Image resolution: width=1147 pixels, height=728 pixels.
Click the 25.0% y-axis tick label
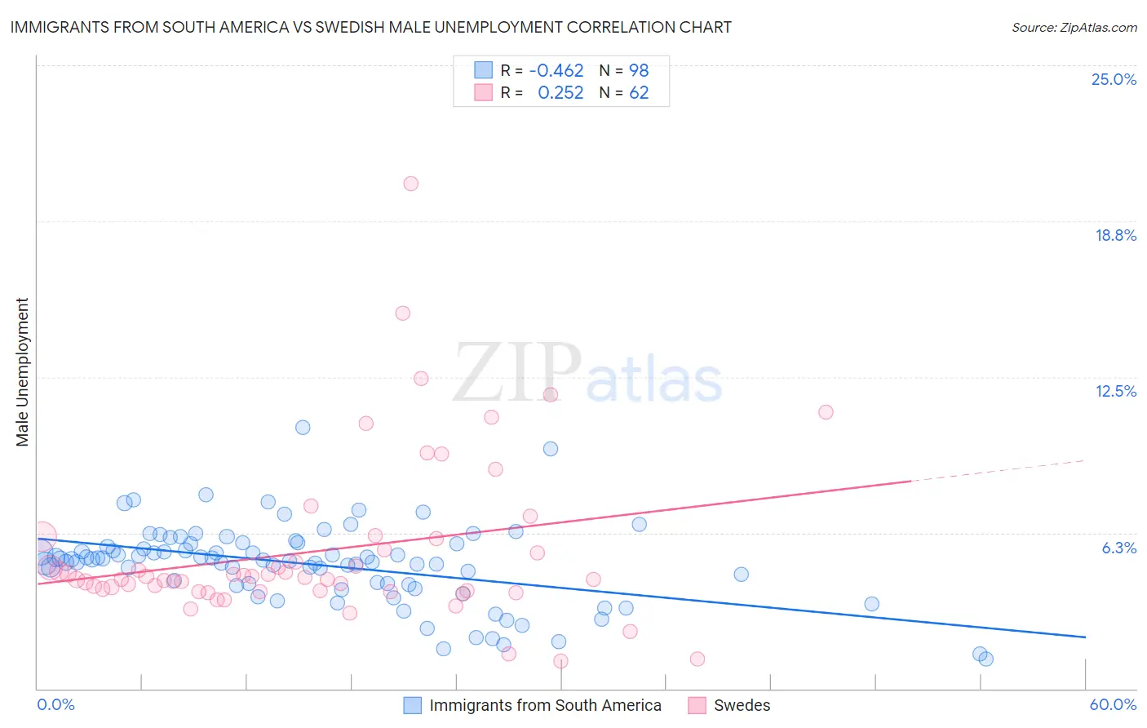(x=1114, y=79)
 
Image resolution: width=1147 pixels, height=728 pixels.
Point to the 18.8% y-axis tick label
(x=1115, y=235)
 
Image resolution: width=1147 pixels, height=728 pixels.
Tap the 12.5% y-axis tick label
(x=1115, y=391)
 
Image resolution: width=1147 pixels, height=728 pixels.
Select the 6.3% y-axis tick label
(x=1118, y=548)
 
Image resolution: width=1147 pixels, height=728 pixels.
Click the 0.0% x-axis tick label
(x=55, y=704)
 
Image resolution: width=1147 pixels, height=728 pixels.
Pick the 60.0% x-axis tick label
(x=1113, y=704)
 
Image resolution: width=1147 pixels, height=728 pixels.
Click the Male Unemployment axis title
(x=22, y=372)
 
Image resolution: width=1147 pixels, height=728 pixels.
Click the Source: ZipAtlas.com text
(x=1074, y=27)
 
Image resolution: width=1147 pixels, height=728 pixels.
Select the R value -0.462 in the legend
(x=556, y=70)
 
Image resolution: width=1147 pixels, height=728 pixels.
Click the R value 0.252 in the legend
(x=560, y=93)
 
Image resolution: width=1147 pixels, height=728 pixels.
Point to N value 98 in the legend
(x=639, y=70)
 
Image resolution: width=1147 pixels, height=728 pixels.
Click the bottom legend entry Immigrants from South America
(x=544, y=705)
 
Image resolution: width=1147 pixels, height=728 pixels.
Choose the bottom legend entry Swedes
(x=741, y=705)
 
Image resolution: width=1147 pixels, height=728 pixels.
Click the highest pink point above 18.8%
(x=411, y=184)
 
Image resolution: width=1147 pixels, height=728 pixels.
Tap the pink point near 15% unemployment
(x=402, y=313)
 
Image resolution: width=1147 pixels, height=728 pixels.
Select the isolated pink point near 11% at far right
(x=826, y=412)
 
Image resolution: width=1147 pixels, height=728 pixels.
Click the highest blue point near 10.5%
(x=303, y=428)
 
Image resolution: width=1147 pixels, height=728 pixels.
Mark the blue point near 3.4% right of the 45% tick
(x=871, y=604)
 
